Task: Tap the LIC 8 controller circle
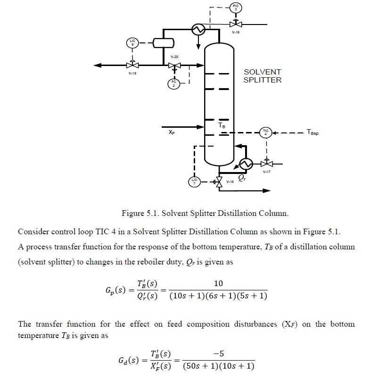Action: point(133,43)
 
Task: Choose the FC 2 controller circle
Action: point(174,84)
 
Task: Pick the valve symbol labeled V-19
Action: point(133,65)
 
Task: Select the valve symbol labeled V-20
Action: point(175,66)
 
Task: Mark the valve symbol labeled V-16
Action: point(218,181)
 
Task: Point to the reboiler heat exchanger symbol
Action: point(245,164)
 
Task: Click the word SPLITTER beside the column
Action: point(262,80)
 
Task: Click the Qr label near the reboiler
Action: point(242,179)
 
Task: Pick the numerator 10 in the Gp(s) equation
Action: point(218,283)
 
